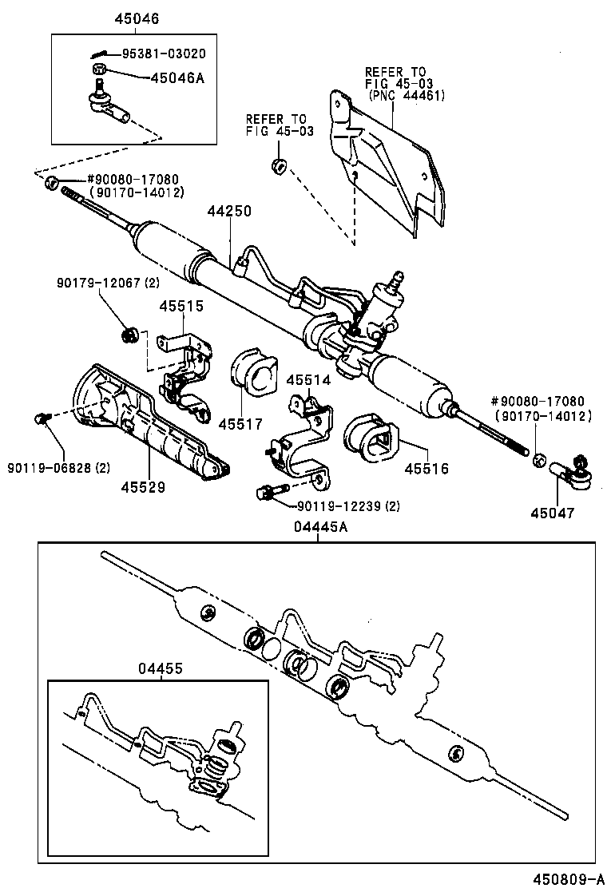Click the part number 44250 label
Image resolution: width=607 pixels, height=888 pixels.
(x=229, y=212)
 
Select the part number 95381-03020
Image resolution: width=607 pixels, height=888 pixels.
(x=163, y=54)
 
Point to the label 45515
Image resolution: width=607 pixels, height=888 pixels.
(x=181, y=306)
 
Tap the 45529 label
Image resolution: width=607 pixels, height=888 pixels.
(x=143, y=486)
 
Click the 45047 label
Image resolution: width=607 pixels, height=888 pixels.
(x=553, y=515)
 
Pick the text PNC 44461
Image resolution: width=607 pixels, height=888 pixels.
(x=407, y=96)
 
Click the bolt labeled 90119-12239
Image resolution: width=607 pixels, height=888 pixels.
(x=268, y=493)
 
